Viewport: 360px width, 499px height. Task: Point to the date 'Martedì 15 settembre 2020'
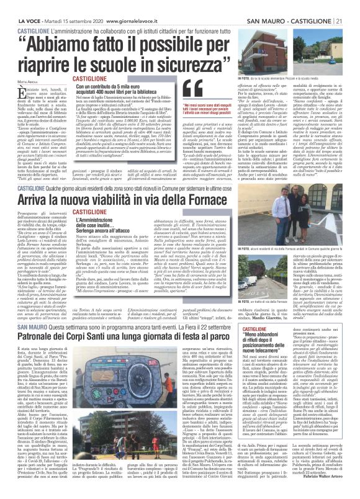(66, 5)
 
